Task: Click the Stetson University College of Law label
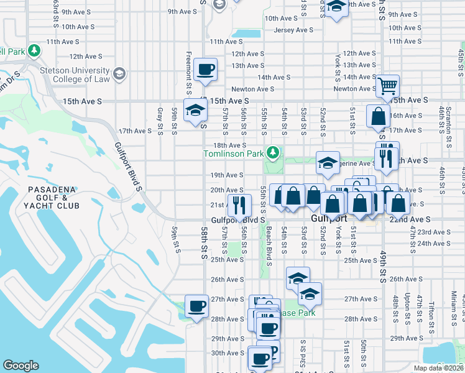click(x=75, y=75)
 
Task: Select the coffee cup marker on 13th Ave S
click(x=205, y=69)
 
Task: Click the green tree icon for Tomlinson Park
click(x=272, y=152)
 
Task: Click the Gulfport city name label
click(x=329, y=219)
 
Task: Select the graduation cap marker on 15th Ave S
click(x=196, y=111)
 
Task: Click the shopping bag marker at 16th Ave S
click(x=378, y=116)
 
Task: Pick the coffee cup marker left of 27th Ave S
click(x=197, y=306)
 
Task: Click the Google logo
click(x=21, y=366)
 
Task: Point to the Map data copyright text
click(x=438, y=367)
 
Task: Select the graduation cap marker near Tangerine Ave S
click(x=328, y=163)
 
